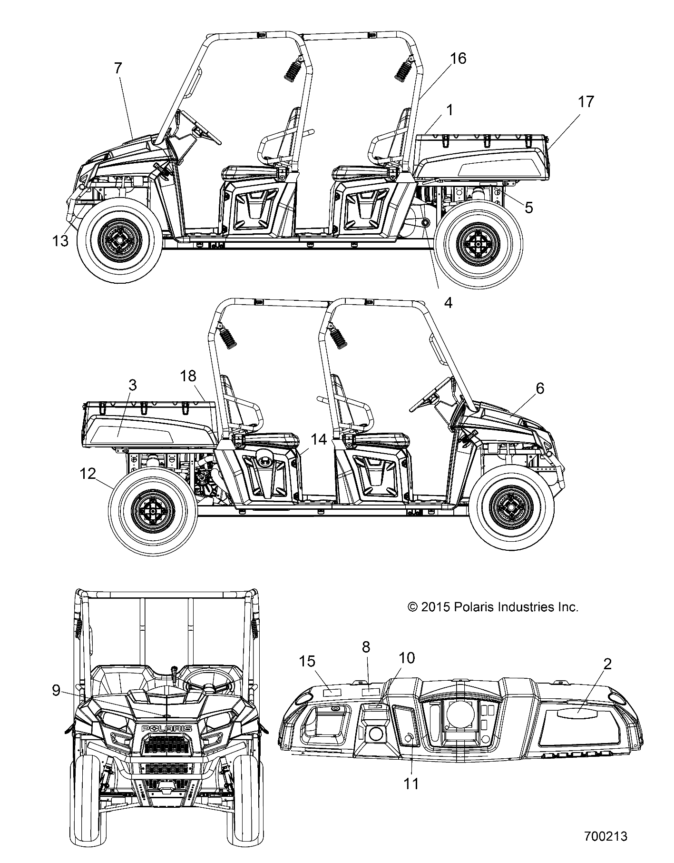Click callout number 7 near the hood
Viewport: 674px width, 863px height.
point(118,68)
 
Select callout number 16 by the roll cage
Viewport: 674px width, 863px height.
point(458,59)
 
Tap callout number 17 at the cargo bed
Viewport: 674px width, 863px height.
point(586,101)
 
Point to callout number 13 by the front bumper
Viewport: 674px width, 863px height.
point(61,241)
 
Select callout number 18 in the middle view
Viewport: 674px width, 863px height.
point(188,376)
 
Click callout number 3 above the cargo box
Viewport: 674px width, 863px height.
point(133,385)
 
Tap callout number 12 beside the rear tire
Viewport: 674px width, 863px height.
point(88,474)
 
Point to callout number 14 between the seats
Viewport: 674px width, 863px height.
point(318,439)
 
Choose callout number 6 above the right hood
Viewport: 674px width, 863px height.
point(540,388)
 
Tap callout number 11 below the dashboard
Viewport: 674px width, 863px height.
point(411,783)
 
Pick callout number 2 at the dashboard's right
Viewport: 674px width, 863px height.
point(607,664)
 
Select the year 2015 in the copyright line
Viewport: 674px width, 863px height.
point(435,607)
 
